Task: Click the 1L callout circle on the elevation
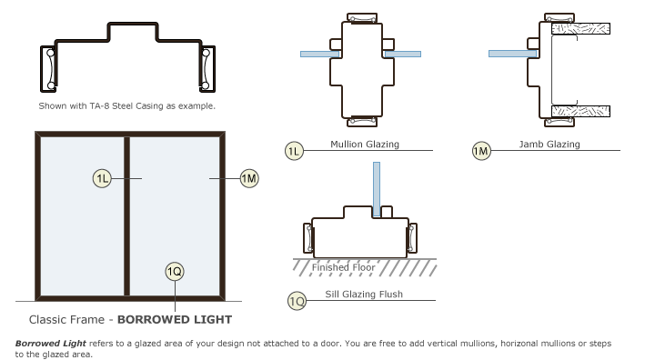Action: point(102,179)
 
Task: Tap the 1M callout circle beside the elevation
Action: point(249,178)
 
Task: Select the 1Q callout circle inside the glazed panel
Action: point(175,272)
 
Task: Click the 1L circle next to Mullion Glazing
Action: point(294,151)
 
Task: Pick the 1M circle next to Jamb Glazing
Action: point(481,151)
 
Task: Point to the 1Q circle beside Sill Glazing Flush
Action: point(297,301)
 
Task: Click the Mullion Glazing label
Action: point(365,144)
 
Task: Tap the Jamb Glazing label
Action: point(549,144)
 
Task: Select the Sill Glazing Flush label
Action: point(364,294)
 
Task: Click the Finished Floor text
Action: point(343,267)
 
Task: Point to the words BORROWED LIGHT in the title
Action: point(175,319)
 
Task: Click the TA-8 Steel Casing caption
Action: point(127,106)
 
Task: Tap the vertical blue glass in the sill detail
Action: point(377,189)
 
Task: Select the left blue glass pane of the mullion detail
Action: point(320,55)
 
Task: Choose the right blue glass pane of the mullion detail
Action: point(403,54)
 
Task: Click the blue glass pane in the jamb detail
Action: point(513,54)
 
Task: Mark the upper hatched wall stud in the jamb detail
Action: point(580,28)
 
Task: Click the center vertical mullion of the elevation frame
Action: point(127,216)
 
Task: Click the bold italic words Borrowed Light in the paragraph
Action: point(51,344)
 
